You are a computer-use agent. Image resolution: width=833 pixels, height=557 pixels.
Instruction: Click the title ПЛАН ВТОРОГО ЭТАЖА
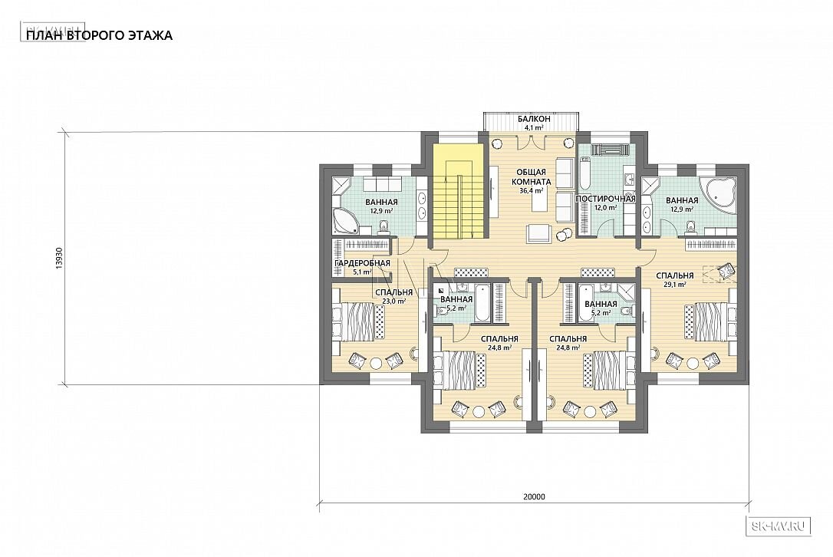coord(100,35)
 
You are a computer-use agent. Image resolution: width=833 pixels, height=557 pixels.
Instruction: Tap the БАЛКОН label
coord(532,119)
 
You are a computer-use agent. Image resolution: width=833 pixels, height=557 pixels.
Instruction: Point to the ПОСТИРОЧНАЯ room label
coord(606,199)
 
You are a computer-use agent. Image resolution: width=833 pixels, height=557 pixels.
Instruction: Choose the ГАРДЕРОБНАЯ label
coord(362,263)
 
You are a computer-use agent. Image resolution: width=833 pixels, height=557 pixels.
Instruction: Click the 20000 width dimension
coord(534,497)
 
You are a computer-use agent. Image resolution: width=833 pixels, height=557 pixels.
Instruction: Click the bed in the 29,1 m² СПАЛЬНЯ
coord(710,321)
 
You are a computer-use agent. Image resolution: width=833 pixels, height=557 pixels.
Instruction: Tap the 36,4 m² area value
coord(531,190)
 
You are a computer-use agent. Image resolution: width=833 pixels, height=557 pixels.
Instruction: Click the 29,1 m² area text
coord(674,285)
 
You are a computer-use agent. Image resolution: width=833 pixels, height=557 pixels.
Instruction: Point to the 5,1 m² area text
coord(362,272)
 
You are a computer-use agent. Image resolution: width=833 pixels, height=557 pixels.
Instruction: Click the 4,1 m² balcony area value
coord(532,127)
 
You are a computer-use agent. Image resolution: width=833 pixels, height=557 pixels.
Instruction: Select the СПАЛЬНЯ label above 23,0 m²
coord(393,292)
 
